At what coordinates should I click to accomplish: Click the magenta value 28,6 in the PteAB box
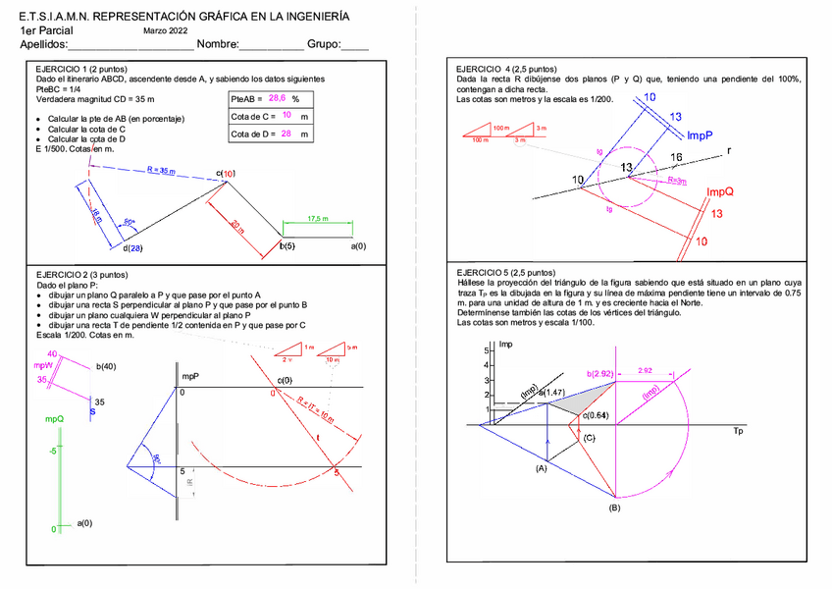click(277, 98)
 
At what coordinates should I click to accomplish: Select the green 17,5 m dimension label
click(317, 218)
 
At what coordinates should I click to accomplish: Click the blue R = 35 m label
click(160, 171)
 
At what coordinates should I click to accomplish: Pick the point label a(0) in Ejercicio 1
click(358, 246)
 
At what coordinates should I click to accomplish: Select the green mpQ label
click(54, 418)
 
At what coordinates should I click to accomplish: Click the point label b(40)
click(106, 367)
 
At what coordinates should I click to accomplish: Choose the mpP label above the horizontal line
click(190, 376)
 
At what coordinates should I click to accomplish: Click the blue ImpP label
click(700, 135)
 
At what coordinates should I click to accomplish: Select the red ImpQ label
click(721, 191)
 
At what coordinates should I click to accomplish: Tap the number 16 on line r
click(676, 157)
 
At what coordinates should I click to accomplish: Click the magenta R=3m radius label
click(677, 181)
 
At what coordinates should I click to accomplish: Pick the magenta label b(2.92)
click(600, 374)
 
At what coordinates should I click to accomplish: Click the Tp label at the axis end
click(738, 431)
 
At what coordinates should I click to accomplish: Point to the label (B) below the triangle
click(614, 508)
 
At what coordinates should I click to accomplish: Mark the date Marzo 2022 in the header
click(166, 31)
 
